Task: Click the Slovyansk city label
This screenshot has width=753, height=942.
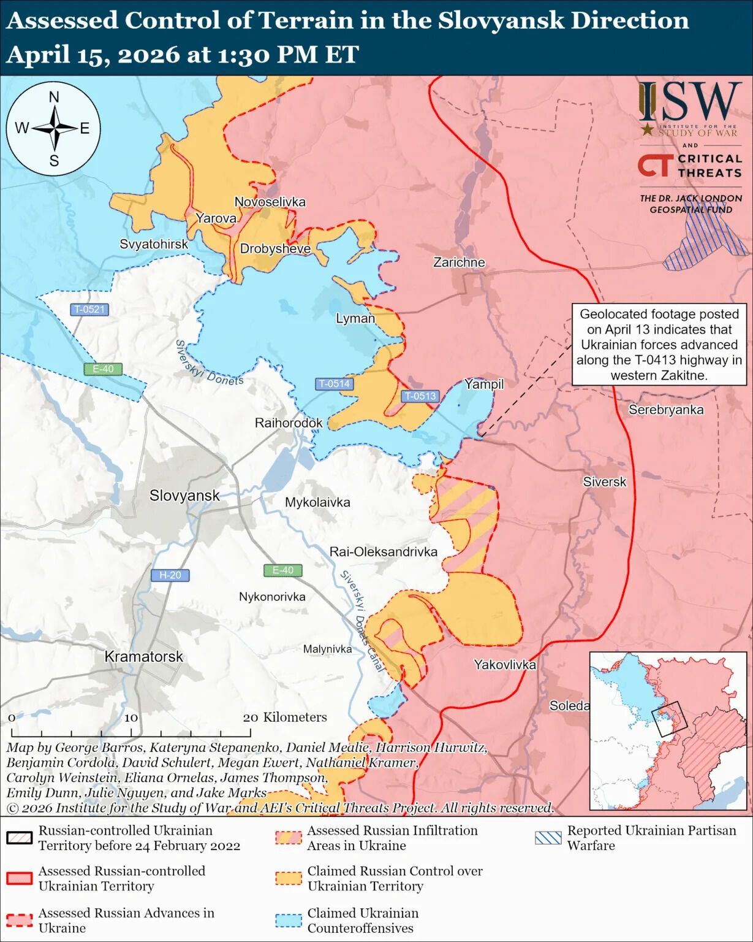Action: [x=184, y=496]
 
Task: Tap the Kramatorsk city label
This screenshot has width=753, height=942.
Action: [x=143, y=657]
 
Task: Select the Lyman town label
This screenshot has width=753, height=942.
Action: [x=355, y=318]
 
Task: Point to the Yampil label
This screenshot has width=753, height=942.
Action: [x=483, y=385]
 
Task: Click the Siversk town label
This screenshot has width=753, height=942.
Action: [x=604, y=482]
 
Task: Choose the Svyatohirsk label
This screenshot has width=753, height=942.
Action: [x=153, y=244]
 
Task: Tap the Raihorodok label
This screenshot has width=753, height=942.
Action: [x=288, y=423]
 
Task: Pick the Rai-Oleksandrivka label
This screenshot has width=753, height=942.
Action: [x=383, y=552]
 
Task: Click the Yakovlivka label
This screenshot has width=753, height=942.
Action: [x=504, y=665]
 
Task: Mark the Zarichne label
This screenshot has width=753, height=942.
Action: [x=459, y=262]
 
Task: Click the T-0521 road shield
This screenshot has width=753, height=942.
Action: [x=89, y=310]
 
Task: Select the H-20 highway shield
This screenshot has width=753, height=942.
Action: [x=170, y=575]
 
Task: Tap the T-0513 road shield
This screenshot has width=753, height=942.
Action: [x=420, y=396]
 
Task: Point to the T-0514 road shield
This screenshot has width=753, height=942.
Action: [x=334, y=384]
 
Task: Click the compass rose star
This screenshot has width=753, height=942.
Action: [x=54, y=129]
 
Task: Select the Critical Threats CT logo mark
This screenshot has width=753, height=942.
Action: [x=656, y=166]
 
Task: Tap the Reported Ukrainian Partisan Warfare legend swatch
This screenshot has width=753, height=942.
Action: [x=548, y=838]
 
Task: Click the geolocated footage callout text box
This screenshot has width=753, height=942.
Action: [x=659, y=345]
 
